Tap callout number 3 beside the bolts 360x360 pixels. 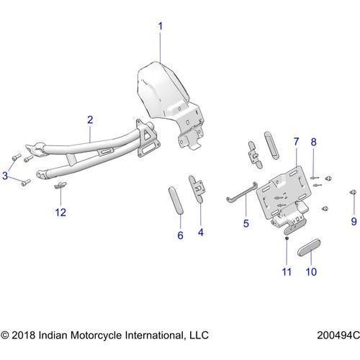tap(6, 175)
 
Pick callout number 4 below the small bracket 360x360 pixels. tap(200, 233)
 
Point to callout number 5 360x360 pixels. tap(246, 224)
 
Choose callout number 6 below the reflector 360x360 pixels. tap(180, 235)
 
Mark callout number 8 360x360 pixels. tap(313, 143)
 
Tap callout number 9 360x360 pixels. tap(353, 221)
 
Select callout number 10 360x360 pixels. tap(311, 272)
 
